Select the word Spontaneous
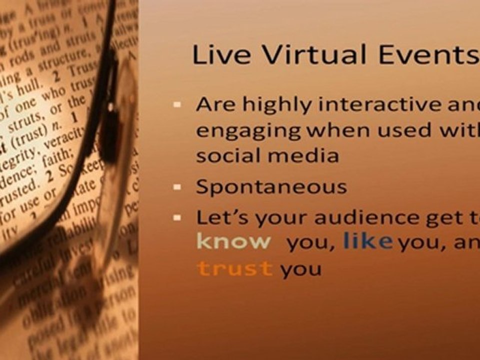[271, 187]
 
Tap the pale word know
[234, 242]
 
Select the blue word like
[368, 242]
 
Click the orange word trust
[235, 269]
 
